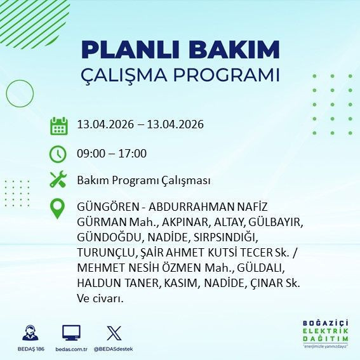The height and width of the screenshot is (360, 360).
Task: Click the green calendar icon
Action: point(58,126)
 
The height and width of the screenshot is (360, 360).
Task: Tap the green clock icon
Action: point(58,154)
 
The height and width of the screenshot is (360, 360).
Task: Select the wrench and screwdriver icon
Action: point(58,180)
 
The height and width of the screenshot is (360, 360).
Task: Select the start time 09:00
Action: point(90,153)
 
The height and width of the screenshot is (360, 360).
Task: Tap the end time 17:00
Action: point(133,153)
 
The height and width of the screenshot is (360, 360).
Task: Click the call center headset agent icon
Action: point(30,333)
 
